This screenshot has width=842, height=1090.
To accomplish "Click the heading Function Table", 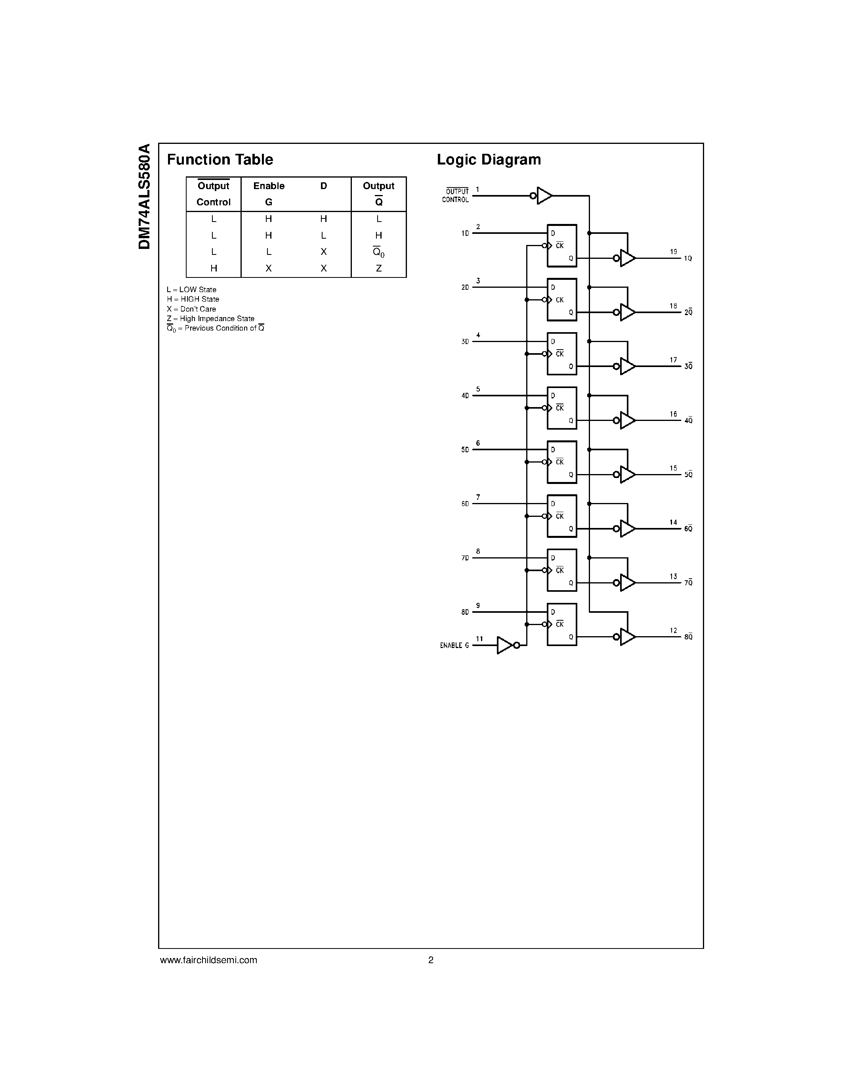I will (220, 160).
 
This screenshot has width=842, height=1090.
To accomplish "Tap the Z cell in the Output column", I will (378, 268).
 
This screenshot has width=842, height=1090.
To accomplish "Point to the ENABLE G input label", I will (454, 645).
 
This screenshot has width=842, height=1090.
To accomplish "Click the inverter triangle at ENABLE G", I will (505, 645).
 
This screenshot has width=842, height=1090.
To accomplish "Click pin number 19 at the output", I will (673, 252).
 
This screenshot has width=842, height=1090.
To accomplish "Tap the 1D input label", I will (465, 233).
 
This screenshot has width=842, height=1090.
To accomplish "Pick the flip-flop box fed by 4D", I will (562, 408).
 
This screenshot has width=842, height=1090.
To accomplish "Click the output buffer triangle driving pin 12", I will (627, 637).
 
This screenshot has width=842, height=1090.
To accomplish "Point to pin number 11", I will (479, 639).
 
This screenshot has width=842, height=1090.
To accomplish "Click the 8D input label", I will (465, 612).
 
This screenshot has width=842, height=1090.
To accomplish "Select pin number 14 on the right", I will (673, 522).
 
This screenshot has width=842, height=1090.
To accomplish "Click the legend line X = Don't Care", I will (191, 309).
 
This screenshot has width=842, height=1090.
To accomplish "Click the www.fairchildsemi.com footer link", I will (208, 960).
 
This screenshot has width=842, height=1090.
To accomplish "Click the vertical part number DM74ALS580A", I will (145, 197).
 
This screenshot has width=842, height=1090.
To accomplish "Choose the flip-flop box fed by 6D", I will (562, 516).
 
